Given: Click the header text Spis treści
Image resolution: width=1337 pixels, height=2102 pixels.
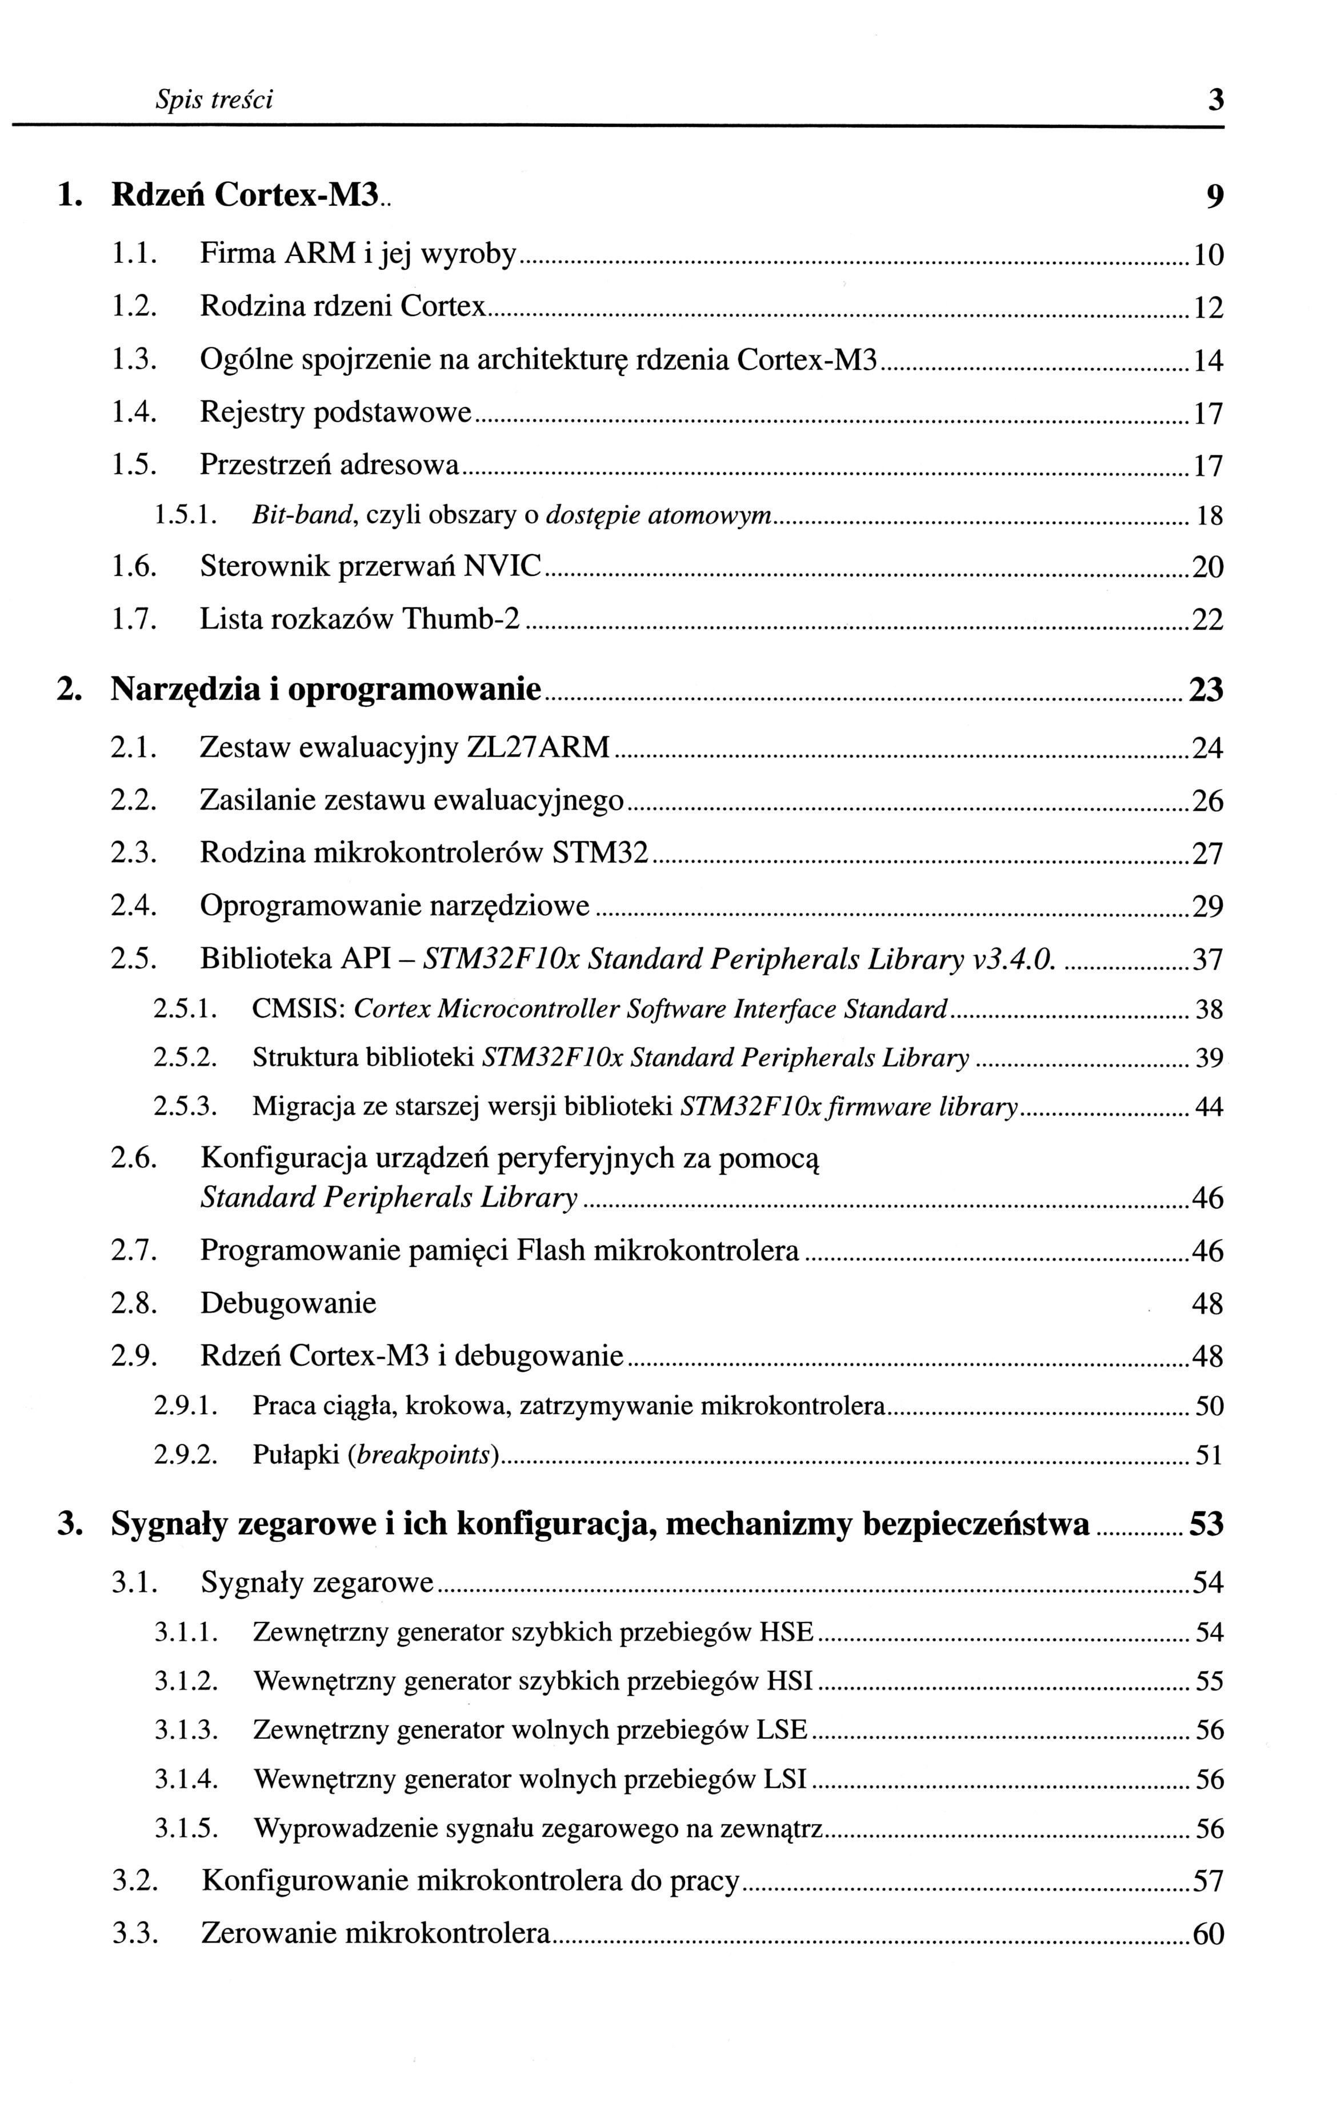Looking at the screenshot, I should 214,101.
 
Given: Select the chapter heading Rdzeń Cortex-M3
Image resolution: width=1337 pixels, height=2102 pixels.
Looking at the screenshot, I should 245,194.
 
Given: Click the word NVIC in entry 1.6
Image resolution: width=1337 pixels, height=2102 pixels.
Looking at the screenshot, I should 502,567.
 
